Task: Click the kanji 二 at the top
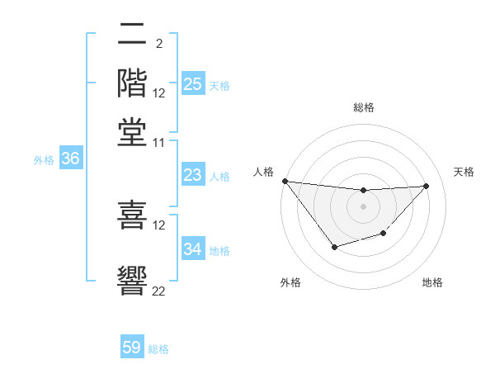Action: point(133,35)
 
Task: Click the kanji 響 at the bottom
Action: point(133,280)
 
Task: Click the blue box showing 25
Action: point(192,84)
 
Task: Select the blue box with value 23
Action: point(192,176)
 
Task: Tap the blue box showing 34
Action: point(192,249)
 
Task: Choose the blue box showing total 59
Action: point(132,348)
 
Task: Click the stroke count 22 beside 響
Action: point(159,290)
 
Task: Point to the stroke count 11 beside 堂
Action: point(159,142)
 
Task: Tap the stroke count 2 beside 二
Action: point(159,41)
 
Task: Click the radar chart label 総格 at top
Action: point(364,107)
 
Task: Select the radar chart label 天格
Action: point(464,172)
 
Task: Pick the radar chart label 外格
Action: point(290,282)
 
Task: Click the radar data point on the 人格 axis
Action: point(285,181)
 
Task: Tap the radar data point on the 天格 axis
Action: point(427,186)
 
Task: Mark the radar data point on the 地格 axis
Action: point(384,234)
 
